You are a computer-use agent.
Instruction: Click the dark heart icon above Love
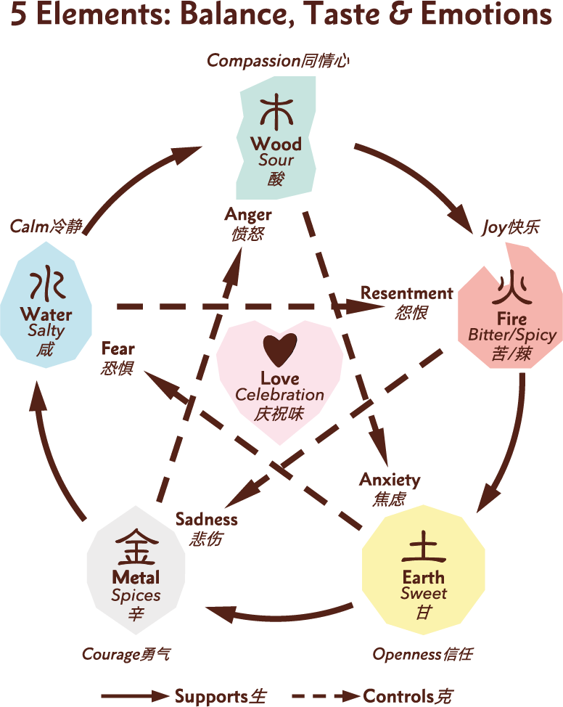(280, 351)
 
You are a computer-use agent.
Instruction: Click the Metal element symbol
(136, 549)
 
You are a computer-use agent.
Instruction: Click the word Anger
(248, 215)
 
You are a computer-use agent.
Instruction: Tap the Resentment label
(406, 293)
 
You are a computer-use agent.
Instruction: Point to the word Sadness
(207, 520)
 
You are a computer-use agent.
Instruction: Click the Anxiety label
(390, 481)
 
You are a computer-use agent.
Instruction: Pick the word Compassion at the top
(254, 61)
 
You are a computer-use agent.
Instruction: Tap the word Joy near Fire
(494, 227)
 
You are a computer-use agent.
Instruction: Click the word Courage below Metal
(110, 654)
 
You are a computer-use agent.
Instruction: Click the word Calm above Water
(28, 226)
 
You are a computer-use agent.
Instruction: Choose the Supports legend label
(211, 696)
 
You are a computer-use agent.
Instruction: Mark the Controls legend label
(398, 696)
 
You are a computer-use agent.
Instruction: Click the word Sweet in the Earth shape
(424, 593)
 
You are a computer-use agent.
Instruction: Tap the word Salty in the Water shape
(46, 331)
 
